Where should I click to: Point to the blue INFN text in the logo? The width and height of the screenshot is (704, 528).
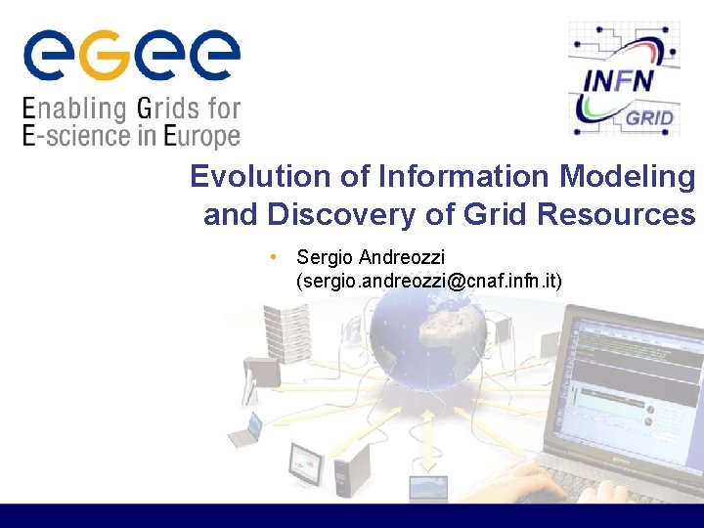click(617, 79)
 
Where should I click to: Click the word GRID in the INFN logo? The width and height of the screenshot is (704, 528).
click(648, 118)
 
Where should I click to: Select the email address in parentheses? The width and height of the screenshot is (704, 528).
click(428, 282)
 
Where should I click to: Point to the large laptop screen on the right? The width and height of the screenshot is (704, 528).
click(636, 381)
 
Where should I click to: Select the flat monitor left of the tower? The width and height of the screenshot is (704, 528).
click(306, 462)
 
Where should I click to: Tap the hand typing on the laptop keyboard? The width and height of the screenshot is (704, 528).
click(518, 484)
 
